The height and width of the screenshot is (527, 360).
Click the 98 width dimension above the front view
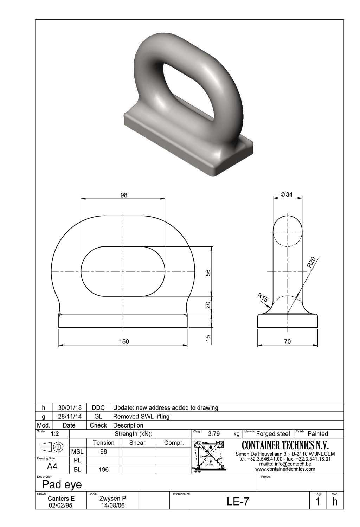pyautogui.click(x=124, y=195)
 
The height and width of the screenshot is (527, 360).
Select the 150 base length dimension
pyautogui.click(x=124, y=341)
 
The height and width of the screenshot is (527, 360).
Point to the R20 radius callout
pyautogui.click(x=311, y=262)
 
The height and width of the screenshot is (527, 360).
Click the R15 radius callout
pyautogui.click(x=263, y=297)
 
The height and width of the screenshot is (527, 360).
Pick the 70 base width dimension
pyautogui.click(x=287, y=341)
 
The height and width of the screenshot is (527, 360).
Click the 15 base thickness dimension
pyautogui.click(x=208, y=338)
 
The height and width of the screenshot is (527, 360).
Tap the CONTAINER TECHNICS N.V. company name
pyautogui.click(x=285, y=446)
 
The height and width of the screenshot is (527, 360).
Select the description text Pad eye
pyautogui.click(x=62, y=484)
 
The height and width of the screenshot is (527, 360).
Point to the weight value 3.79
pyautogui.click(x=214, y=434)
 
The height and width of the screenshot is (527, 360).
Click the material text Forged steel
pyautogui.click(x=273, y=434)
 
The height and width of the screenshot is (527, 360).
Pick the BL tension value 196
pyautogui.click(x=103, y=469)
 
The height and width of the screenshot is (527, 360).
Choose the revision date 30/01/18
pyautogui.click(x=70, y=407)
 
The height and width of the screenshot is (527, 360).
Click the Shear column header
pyautogui.click(x=137, y=443)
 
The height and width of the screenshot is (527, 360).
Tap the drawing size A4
pyautogui.click(x=52, y=467)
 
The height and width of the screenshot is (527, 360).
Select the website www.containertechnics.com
pyautogui.click(x=285, y=469)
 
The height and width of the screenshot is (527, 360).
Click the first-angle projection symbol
pyautogui.click(x=52, y=447)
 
